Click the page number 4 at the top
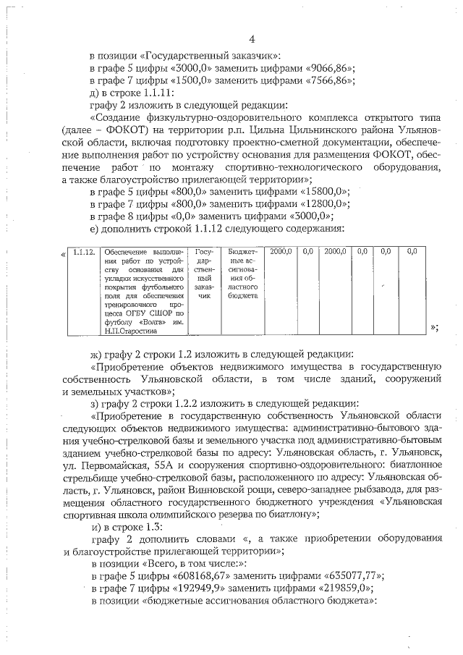point(251,38)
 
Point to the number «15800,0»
point(319,192)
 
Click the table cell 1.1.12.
point(85,252)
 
